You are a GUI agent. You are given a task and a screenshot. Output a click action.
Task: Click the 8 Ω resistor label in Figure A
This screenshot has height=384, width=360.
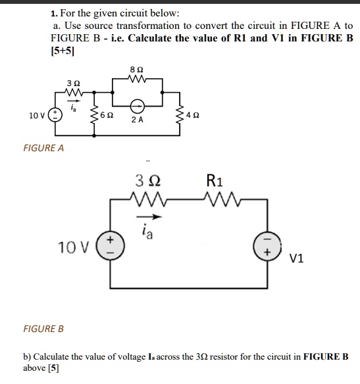[137, 69]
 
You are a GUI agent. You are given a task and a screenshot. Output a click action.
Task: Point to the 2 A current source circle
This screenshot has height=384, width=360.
[137, 105]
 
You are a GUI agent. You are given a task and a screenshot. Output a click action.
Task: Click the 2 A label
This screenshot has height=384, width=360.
[137, 120]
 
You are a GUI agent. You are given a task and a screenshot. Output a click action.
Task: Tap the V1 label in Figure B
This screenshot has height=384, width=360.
[296, 259]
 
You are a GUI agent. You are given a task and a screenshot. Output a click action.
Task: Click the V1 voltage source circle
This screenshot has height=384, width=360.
[268, 247]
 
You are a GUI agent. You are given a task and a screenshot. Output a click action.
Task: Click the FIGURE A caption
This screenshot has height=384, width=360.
[43, 148]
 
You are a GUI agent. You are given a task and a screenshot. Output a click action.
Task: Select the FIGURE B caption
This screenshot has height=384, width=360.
[43, 328]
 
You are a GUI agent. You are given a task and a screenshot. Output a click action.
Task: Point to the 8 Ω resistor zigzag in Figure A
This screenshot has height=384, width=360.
[137, 81]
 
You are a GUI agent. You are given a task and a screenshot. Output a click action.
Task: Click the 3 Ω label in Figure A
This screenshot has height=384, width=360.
[74, 84]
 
